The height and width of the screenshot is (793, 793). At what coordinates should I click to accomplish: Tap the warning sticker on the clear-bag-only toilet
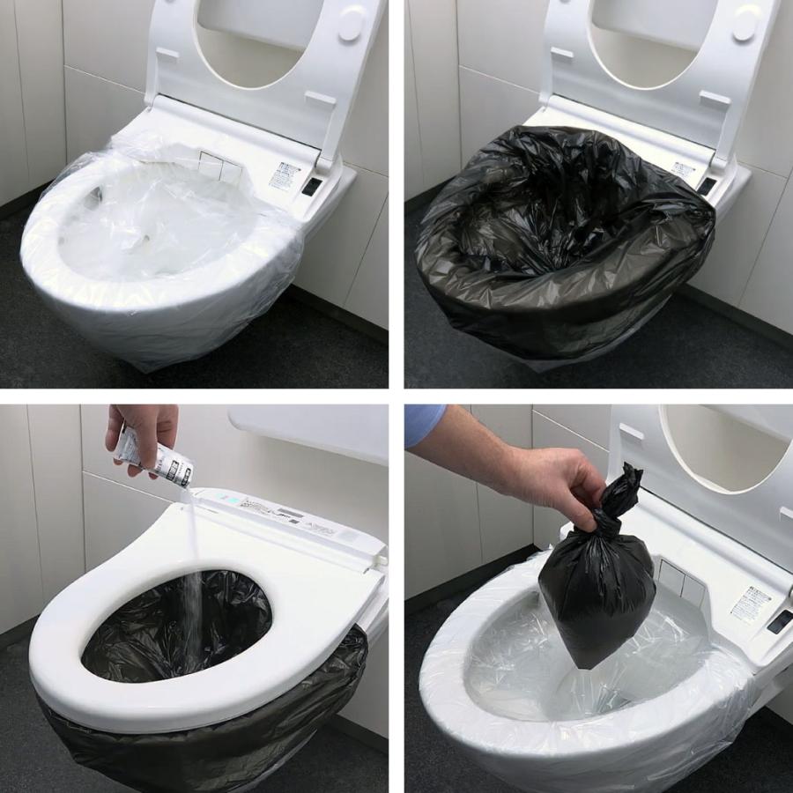[285, 175]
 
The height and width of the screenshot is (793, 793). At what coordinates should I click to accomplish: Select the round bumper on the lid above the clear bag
[350, 24]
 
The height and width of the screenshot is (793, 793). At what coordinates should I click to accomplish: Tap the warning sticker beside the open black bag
[683, 169]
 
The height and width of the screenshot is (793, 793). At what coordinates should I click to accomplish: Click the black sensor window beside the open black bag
[707, 186]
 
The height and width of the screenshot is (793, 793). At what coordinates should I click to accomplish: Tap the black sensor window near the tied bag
[779, 622]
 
